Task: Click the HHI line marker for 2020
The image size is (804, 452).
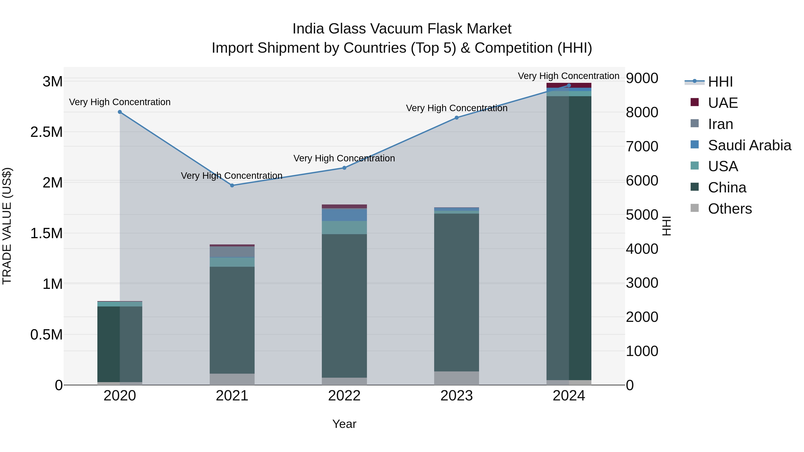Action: [120, 112]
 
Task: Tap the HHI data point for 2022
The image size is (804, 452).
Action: [344, 168]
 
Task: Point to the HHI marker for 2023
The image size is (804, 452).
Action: [457, 118]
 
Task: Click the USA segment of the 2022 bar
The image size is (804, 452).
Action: [344, 227]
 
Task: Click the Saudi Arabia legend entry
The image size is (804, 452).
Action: [749, 145]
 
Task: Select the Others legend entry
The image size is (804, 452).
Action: [729, 209]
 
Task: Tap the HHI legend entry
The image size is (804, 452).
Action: [720, 82]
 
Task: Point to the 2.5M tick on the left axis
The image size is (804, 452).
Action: [46, 132]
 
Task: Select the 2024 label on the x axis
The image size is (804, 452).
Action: [569, 396]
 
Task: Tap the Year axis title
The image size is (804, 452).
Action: [344, 424]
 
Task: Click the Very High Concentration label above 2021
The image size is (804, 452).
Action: [232, 176]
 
